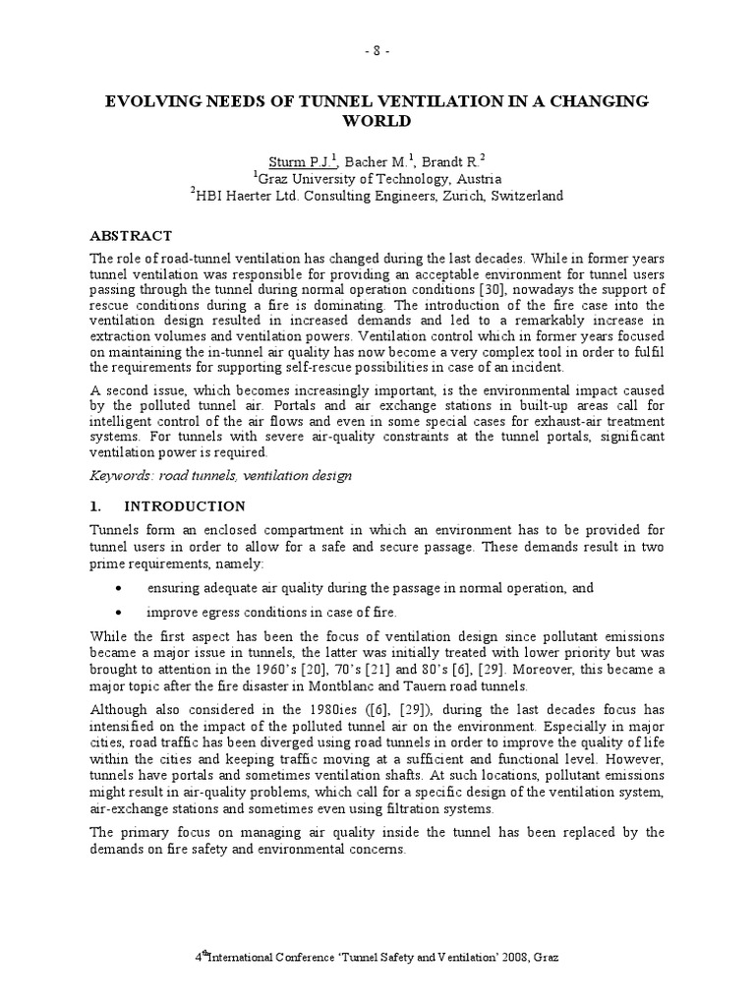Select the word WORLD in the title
point(377,122)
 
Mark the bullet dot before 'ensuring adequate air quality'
point(119,588)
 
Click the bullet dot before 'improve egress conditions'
point(119,612)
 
